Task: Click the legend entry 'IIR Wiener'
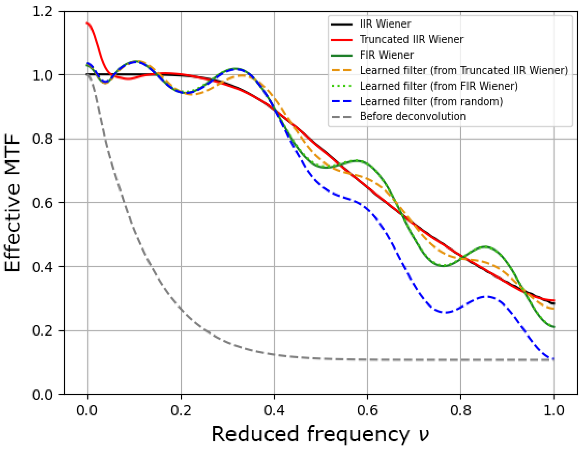pos(385,24)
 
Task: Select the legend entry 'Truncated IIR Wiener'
pos(411,40)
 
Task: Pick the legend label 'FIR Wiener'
pos(386,55)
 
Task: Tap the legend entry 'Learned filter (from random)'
pos(431,101)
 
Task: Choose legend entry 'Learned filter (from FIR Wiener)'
pos(439,86)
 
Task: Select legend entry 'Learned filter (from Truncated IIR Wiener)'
pos(463,71)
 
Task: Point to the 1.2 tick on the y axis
pos(42,12)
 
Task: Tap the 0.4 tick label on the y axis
pos(42,267)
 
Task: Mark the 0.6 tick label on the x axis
pos(368,410)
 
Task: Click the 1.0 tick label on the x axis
pos(554,410)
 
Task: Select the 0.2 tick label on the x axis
pos(181,410)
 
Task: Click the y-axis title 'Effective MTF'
pos(12,203)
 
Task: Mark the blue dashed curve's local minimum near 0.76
pos(444,312)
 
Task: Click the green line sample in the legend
pos(341,55)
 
